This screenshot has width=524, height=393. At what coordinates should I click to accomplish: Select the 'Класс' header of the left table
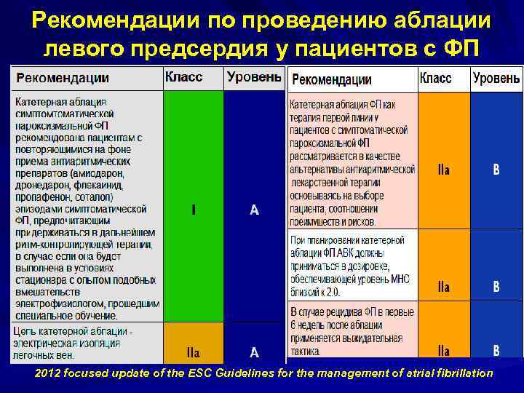(x=184, y=76)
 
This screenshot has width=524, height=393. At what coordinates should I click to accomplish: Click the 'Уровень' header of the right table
(x=496, y=78)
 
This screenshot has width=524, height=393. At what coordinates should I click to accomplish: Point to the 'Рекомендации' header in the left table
(x=63, y=77)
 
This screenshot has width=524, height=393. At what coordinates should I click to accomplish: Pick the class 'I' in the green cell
(x=193, y=210)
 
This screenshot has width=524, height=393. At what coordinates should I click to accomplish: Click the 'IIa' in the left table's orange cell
(x=193, y=352)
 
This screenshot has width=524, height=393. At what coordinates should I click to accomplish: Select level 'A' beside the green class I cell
(x=254, y=210)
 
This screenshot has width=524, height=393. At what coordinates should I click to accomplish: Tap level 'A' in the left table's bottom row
(x=254, y=352)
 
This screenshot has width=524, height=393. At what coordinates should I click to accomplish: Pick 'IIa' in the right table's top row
(x=443, y=169)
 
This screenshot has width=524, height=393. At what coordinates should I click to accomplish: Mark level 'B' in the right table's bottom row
(x=496, y=349)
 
